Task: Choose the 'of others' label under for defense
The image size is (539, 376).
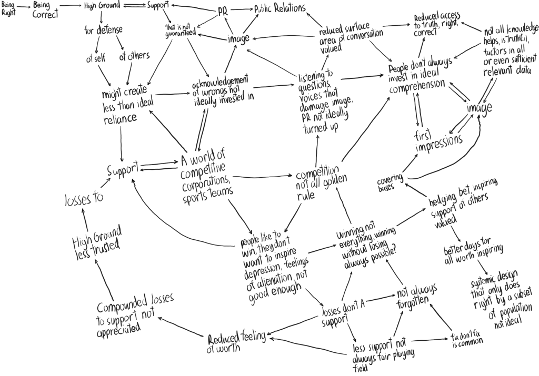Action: (x=134, y=56)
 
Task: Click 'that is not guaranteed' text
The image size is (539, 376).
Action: (x=181, y=30)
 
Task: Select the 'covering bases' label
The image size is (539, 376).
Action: (x=390, y=185)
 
